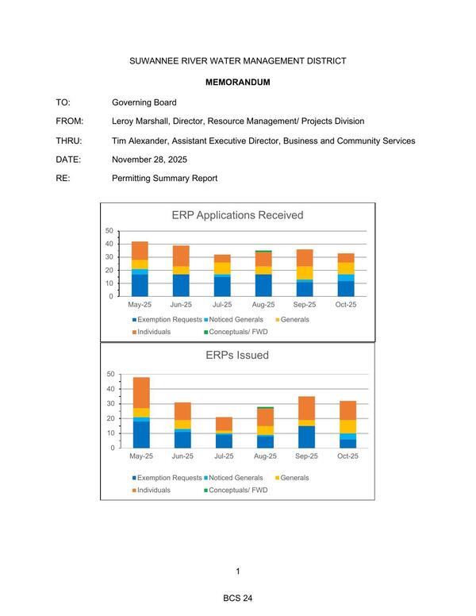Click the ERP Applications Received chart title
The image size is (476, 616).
pyautogui.click(x=237, y=215)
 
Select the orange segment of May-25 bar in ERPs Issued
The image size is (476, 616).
pyautogui.click(x=141, y=392)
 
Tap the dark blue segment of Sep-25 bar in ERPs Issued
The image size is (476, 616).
pyautogui.click(x=306, y=437)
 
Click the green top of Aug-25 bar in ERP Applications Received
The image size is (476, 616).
pyautogui.click(x=263, y=251)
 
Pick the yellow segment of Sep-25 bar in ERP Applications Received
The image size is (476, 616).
pyautogui.click(x=305, y=272)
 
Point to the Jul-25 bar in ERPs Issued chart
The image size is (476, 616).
pyautogui.click(x=224, y=433)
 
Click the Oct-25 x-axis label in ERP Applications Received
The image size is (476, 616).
pyautogui.click(x=346, y=304)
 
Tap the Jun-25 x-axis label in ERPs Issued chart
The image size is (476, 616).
pyautogui.click(x=182, y=456)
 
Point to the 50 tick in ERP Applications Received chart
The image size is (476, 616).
pyautogui.click(x=109, y=230)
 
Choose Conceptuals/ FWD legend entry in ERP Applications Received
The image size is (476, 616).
pyautogui.click(x=236, y=331)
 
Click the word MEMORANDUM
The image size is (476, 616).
pyautogui.click(x=237, y=83)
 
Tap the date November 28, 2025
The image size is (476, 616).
pyautogui.click(x=155, y=160)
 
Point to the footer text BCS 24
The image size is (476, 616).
pyautogui.click(x=237, y=598)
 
